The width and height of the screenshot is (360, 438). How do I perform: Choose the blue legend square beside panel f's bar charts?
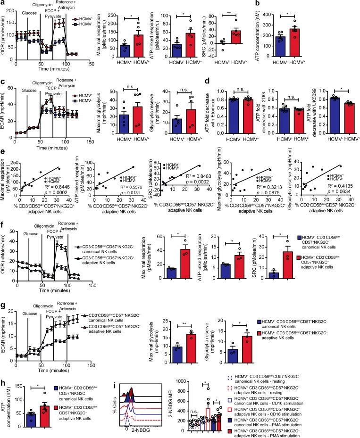(293, 239)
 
